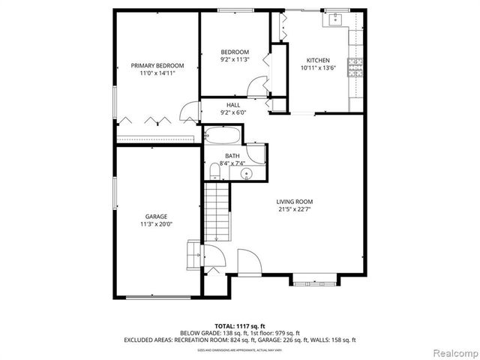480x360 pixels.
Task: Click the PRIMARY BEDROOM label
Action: [x=157, y=65]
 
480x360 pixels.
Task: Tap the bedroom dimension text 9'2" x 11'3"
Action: [x=234, y=59]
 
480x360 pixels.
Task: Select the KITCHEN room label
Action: [x=318, y=60]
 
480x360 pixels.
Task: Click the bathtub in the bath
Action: [x=223, y=137]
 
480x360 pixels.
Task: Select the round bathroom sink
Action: [x=245, y=174]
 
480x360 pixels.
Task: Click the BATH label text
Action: [x=232, y=156]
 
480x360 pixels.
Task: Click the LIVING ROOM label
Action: [x=294, y=202]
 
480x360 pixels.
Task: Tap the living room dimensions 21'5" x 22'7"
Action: [x=294, y=210]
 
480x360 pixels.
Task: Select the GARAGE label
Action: [x=156, y=216]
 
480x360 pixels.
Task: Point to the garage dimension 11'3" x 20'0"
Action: [x=156, y=224]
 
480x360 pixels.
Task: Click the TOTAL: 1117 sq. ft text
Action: [x=239, y=325]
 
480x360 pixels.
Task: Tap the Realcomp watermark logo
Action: [x=451, y=351]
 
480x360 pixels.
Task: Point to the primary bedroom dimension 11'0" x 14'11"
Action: [x=157, y=73]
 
